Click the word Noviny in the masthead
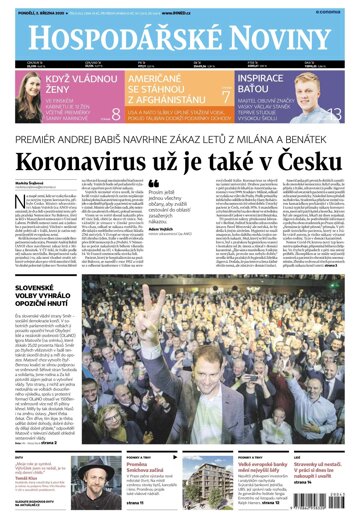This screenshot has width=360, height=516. point(270,37)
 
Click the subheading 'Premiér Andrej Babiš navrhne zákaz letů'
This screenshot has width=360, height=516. point(180,136)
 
